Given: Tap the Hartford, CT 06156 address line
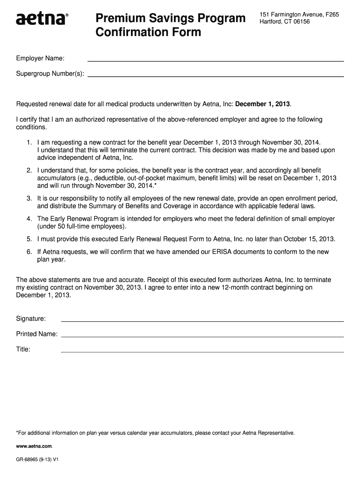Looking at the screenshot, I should [x=285, y=22].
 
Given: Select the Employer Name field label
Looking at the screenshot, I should [x=41, y=58].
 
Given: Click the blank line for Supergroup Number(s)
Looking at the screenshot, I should [x=216, y=75].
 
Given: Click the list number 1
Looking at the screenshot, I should [x=29, y=142].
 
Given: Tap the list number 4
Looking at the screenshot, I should [x=29, y=218].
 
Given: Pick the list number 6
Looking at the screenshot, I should [x=29, y=252].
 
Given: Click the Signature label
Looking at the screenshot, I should [x=31, y=319].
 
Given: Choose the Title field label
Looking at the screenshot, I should [x=23, y=349].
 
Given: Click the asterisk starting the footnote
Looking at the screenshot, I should [x=17, y=433].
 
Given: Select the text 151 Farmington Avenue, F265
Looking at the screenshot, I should [x=299, y=15].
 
